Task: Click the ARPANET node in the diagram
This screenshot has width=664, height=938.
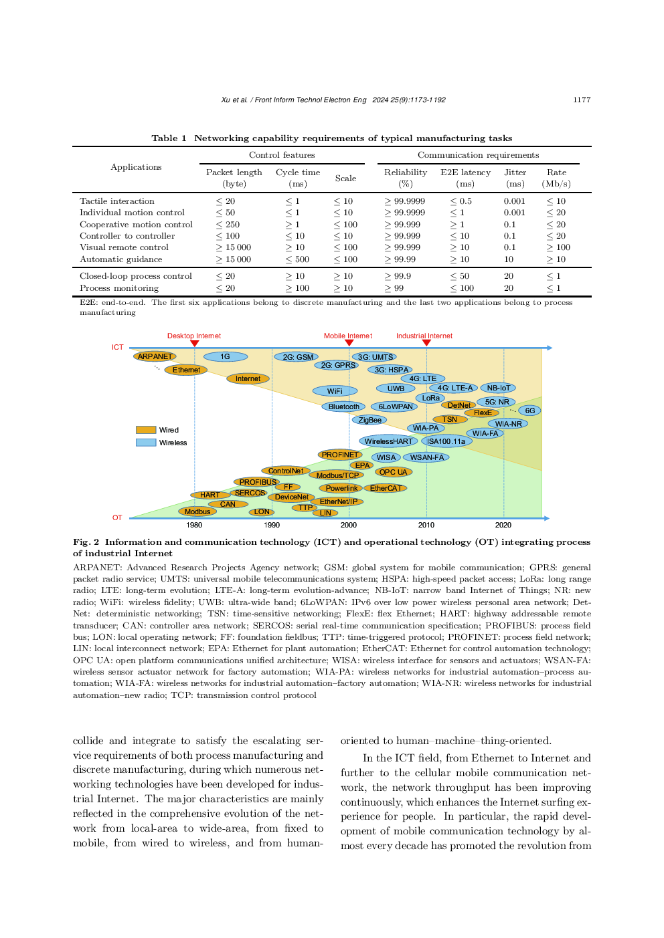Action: (155, 356)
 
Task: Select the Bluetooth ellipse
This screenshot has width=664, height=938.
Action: (344, 406)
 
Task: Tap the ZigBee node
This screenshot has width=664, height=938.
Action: (369, 420)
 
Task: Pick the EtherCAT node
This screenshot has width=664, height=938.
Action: (386, 488)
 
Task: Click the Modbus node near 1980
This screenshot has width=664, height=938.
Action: (197, 511)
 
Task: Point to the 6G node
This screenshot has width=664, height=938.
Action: (529, 411)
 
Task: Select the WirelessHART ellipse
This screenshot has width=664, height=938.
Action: (388, 441)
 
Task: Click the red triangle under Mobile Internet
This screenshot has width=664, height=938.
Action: (349, 343)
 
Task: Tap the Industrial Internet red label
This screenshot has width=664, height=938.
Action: (424, 336)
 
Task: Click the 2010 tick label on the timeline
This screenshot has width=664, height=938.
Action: (426, 525)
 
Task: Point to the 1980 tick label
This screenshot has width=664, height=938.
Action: (194, 525)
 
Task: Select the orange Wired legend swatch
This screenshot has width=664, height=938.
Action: (146, 430)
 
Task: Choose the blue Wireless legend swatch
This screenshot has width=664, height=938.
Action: (146, 443)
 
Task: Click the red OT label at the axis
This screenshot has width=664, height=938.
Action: (117, 517)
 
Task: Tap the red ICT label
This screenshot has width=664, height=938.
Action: (117, 347)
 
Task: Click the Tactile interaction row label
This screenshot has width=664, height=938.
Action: (117, 201)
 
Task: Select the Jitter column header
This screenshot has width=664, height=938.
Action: (515, 172)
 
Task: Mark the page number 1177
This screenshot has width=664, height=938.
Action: (582, 100)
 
